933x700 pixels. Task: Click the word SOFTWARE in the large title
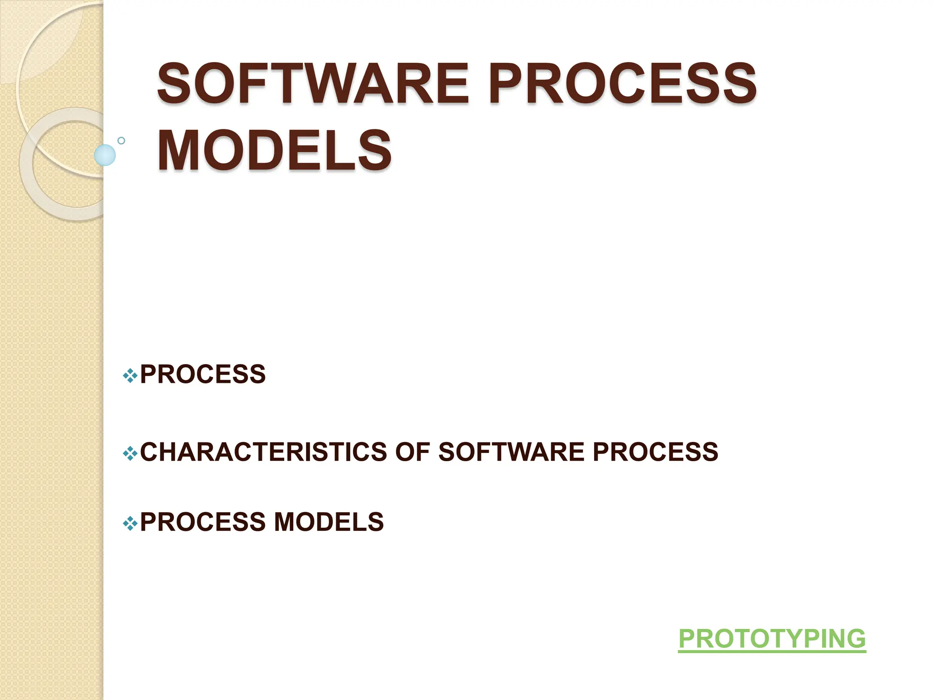(x=313, y=84)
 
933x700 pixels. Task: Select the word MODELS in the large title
(x=274, y=150)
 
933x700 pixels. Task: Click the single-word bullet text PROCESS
(x=203, y=375)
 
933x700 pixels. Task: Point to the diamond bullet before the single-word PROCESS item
(x=130, y=376)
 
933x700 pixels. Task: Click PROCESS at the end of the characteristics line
(x=655, y=452)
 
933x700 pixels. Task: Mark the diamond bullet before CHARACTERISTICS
(x=130, y=453)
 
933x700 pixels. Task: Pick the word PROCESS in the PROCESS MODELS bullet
(x=203, y=522)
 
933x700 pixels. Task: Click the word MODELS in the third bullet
(x=328, y=522)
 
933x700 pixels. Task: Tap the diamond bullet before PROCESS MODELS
(x=130, y=524)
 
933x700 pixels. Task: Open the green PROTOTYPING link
(x=772, y=639)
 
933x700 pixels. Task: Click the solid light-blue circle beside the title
(x=105, y=155)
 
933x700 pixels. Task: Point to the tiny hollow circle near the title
(x=121, y=140)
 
